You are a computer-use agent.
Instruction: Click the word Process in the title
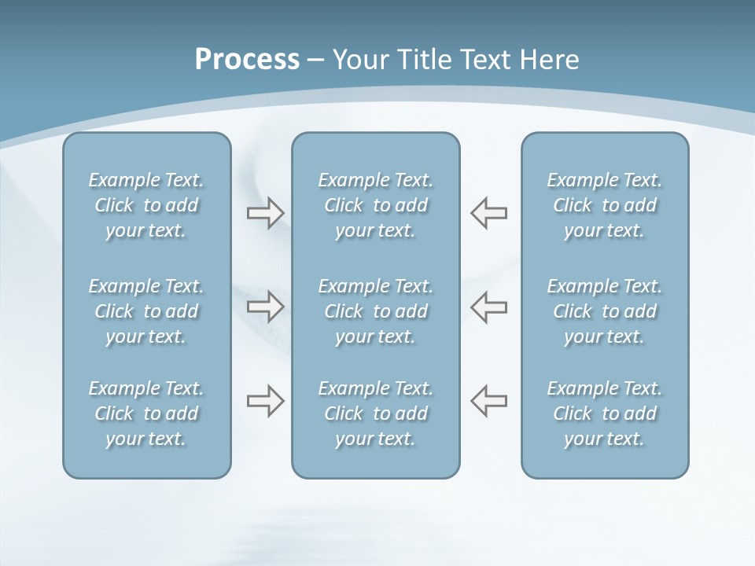(247, 60)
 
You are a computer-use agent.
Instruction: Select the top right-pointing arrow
(266, 213)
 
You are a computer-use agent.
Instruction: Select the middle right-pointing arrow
(266, 306)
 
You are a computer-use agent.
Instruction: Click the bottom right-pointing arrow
(266, 401)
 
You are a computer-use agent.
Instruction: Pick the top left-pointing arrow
(489, 213)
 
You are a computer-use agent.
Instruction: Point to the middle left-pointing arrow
(489, 306)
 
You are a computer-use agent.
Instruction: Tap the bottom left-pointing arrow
(489, 401)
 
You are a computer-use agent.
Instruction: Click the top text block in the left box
(146, 205)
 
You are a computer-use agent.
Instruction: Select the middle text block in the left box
(146, 311)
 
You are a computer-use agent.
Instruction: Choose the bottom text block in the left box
(146, 413)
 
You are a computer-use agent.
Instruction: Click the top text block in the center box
(376, 205)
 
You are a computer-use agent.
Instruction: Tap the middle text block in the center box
(376, 311)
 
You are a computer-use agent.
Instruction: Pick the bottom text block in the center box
(376, 413)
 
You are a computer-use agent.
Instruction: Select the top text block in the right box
(605, 205)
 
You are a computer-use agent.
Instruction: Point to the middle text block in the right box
(605, 311)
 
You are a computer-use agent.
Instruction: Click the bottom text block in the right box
(605, 413)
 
